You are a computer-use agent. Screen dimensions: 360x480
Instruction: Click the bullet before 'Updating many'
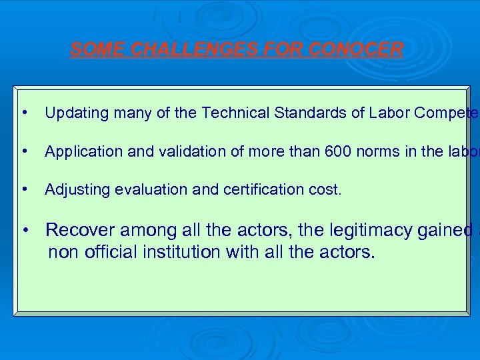pos(25,112)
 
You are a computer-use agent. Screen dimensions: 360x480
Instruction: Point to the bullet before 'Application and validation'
pos(25,151)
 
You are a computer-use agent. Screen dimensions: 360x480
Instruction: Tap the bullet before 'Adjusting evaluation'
pos(25,189)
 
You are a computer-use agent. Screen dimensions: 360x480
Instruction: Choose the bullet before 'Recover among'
pos(25,231)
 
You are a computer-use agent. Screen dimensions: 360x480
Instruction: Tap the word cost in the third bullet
pos(327,190)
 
